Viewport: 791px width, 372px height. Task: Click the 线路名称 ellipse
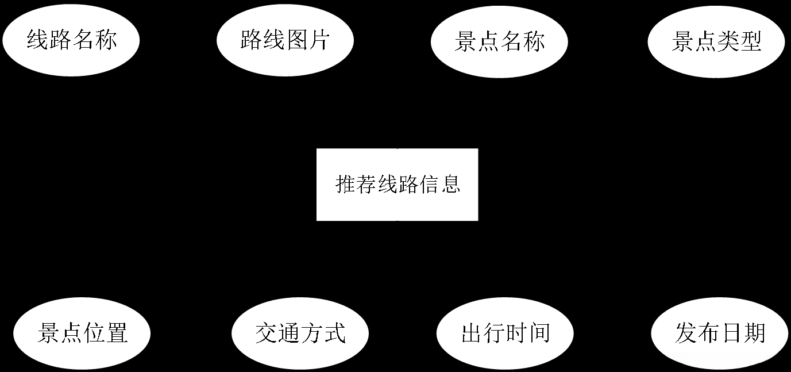click(71, 41)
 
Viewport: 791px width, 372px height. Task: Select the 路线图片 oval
click(285, 41)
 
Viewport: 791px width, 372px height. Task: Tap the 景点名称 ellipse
click(499, 41)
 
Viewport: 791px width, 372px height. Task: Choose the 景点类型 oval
click(716, 41)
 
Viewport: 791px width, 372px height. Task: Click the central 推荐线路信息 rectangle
click(397, 185)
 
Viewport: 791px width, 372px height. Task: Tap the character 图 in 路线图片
click(296, 41)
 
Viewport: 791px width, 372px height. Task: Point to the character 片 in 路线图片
click(318, 41)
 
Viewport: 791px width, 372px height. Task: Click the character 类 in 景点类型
click(727, 41)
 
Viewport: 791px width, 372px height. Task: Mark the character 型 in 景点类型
click(750, 41)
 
